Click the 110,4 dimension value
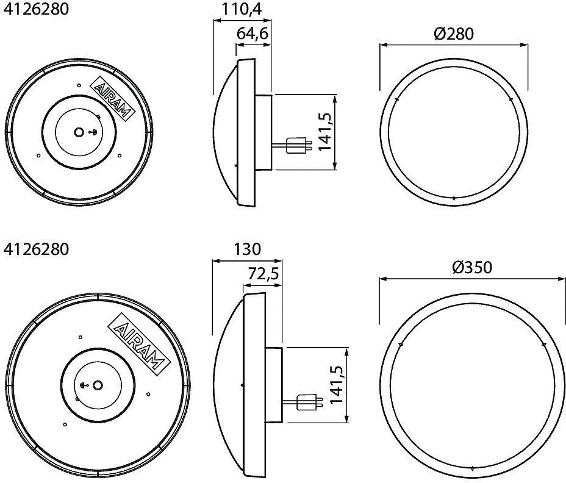point(241,9)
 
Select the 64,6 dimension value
point(253,34)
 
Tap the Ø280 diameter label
point(453,34)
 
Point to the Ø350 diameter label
point(472,268)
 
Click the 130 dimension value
point(247,249)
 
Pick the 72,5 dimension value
point(263,274)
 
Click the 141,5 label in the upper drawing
point(324,132)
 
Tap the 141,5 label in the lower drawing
point(335,385)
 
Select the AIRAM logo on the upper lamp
point(112,98)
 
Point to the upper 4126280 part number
point(36,9)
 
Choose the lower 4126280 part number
point(36,249)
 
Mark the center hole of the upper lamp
point(78,132)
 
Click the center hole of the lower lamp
point(98,385)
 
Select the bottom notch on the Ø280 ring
point(454,198)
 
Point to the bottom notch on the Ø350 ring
point(472,468)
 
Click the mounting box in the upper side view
point(263,132)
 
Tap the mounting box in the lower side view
point(274,385)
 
